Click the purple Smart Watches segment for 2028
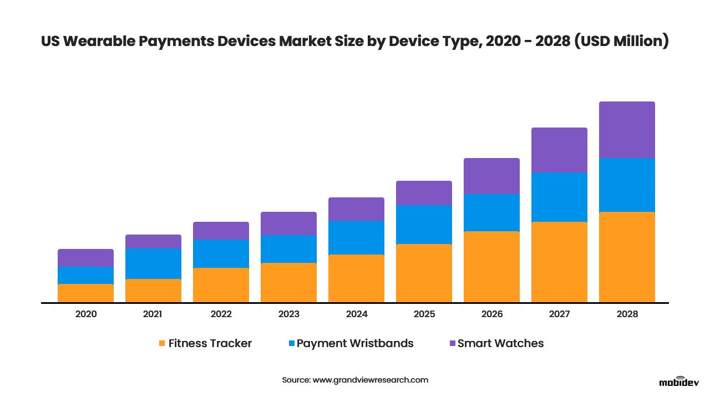[627, 130]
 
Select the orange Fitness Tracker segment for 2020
[85, 293]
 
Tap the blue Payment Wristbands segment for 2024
[356, 237]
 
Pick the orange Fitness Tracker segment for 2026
[491, 267]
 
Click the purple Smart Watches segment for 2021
[153, 241]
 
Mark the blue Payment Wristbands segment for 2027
[559, 197]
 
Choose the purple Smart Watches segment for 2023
[288, 223]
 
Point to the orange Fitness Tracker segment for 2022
[221, 285]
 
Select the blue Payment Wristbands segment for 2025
[424, 225]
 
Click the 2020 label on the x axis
[85, 314]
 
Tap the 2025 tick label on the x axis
[424, 314]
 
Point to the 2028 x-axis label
[627, 314]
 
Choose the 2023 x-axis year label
[288, 314]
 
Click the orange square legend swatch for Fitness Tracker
[162, 344]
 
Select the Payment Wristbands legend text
[355, 343]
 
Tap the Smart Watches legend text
[500, 343]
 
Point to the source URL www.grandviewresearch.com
[371, 380]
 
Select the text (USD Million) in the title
[621, 42]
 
